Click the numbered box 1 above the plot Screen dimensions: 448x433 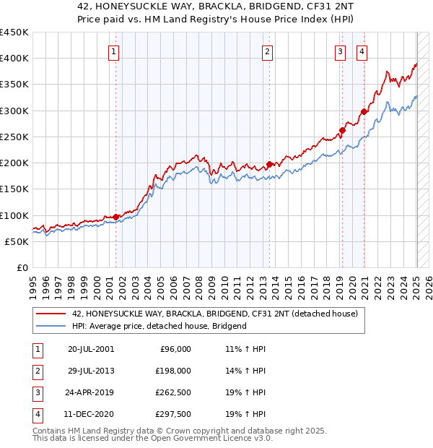point(115,51)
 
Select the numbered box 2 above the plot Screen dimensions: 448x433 point(267,51)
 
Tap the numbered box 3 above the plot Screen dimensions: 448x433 point(339,51)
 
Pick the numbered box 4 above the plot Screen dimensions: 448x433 point(361,51)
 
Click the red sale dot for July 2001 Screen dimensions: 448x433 point(116,217)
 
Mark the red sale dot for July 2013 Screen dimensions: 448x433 point(269,164)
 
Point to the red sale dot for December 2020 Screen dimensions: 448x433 point(364,112)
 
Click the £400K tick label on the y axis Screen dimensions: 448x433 point(14,59)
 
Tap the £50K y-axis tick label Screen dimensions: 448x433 point(17,242)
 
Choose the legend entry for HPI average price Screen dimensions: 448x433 point(159,326)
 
